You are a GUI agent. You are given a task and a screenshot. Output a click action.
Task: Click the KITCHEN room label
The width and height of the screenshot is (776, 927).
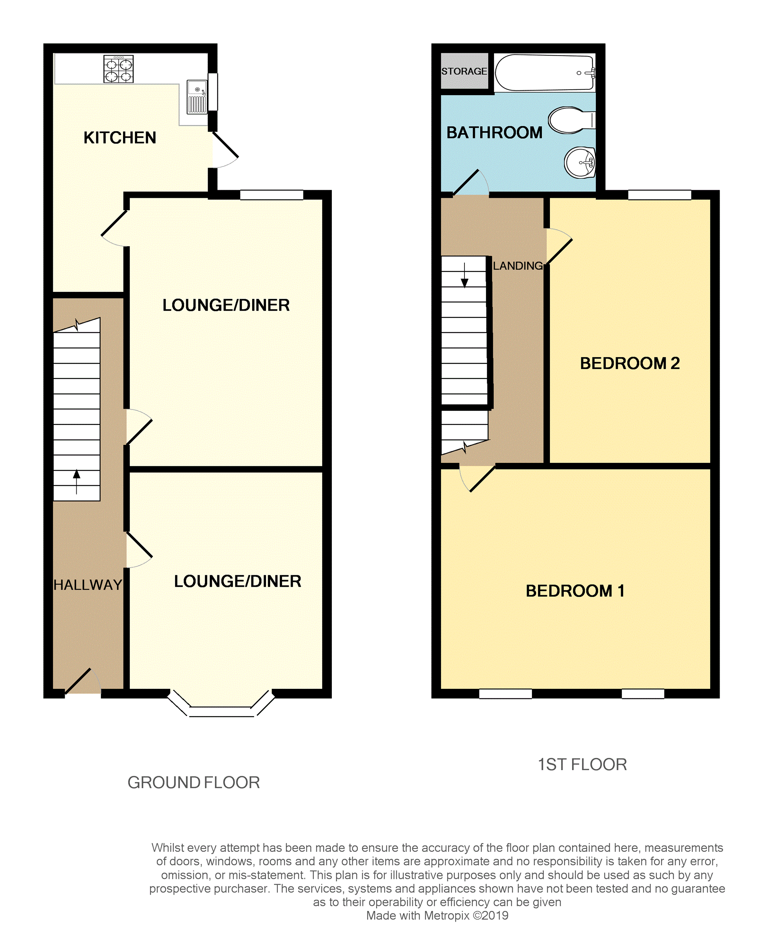(x=120, y=138)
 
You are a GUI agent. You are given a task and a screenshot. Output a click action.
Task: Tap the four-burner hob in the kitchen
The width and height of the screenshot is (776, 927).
(x=118, y=69)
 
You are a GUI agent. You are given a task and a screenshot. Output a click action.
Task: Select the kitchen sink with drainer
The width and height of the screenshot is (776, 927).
(x=197, y=97)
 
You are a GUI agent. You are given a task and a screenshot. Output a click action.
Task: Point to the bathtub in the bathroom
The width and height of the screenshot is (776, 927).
(x=545, y=73)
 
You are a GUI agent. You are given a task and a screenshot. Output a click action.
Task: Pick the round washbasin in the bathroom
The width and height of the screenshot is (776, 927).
(x=580, y=163)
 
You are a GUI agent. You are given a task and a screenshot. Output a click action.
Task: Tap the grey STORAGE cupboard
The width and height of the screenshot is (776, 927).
(x=464, y=71)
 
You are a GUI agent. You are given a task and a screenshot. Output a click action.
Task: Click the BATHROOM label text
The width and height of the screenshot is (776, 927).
(x=495, y=132)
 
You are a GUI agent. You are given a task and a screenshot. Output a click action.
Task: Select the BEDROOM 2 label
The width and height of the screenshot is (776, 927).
(x=630, y=363)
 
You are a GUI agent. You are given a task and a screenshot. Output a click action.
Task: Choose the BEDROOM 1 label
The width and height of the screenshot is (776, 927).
(x=575, y=591)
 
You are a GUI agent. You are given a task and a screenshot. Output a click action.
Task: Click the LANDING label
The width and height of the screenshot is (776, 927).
(x=518, y=266)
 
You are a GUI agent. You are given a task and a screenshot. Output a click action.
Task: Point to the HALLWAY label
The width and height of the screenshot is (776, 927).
(x=88, y=585)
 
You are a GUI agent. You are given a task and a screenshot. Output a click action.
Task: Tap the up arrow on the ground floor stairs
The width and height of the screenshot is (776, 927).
(x=77, y=482)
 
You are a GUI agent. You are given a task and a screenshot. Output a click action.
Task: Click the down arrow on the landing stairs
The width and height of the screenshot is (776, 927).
(x=464, y=275)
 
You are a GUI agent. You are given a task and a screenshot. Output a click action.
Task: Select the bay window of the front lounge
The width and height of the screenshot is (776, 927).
(x=221, y=703)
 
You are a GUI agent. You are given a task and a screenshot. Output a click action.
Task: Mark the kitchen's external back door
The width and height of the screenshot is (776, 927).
(x=225, y=150)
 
